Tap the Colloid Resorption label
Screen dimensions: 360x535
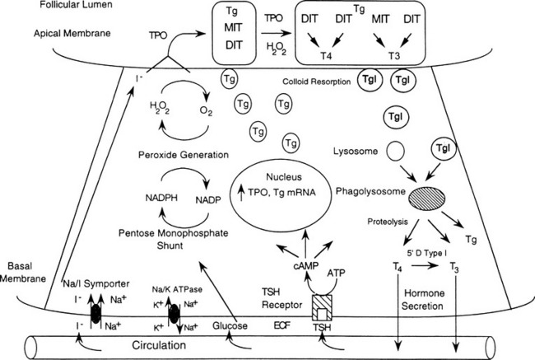click(315, 82)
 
